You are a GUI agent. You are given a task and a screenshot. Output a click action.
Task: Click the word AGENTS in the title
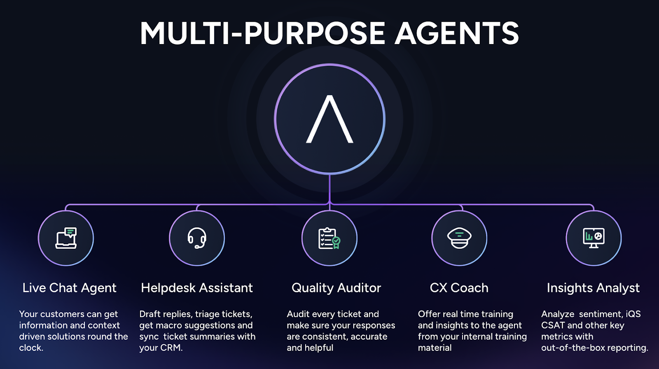(x=457, y=33)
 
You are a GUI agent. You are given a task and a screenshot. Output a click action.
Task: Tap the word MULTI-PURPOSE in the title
(x=262, y=33)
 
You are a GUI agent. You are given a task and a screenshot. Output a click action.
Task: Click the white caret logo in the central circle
(x=329, y=119)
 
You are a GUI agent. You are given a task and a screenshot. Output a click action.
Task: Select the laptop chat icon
(x=66, y=238)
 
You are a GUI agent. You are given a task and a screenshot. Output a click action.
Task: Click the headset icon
(x=197, y=238)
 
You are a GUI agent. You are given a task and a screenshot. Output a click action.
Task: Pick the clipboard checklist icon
(x=329, y=238)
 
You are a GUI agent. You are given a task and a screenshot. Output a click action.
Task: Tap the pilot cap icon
(x=459, y=238)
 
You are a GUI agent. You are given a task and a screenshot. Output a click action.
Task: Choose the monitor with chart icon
(x=594, y=238)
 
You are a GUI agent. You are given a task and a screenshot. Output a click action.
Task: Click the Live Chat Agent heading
(x=70, y=288)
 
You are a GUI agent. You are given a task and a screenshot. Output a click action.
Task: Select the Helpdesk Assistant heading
(x=197, y=288)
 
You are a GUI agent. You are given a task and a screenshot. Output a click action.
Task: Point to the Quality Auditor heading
(x=336, y=288)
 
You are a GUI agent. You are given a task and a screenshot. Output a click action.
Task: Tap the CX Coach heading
(x=459, y=288)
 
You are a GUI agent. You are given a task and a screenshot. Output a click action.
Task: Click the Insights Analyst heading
(x=593, y=288)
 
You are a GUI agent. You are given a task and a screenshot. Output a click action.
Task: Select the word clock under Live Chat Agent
(x=31, y=348)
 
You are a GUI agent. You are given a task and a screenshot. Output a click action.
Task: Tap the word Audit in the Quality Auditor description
(x=298, y=314)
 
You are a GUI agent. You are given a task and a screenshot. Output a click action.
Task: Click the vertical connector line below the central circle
(x=329, y=188)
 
